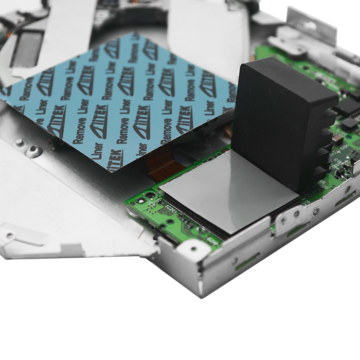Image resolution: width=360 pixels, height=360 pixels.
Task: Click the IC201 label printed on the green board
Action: (171, 208)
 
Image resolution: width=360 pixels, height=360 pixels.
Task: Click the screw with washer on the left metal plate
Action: (34, 151)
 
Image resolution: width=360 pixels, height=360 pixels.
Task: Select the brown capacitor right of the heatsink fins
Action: (337, 139)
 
